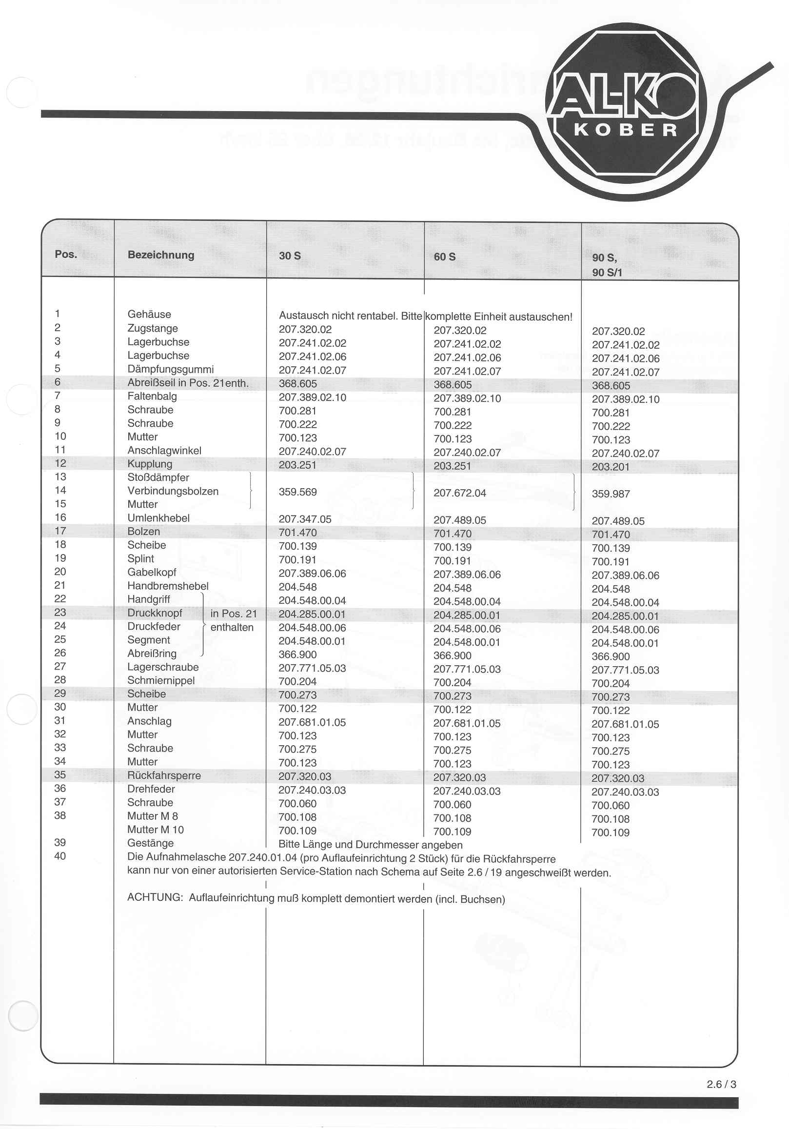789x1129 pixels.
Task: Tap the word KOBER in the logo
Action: pyautogui.click(x=626, y=130)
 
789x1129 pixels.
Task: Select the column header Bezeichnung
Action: pyautogui.click(x=161, y=255)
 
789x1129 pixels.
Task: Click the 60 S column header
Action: pyautogui.click(x=444, y=257)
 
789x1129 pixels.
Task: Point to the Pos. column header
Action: pyautogui.click(x=66, y=254)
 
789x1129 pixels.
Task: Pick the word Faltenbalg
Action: pyautogui.click(x=152, y=396)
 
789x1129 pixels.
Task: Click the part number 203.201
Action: pyautogui.click(x=611, y=467)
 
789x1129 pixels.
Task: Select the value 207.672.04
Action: pyautogui.click(x=460, y=493)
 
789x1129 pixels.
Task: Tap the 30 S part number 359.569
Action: pyautogui.click(x=297, y=492)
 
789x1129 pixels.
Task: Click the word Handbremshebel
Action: pyautogui.click(x=168, y=586)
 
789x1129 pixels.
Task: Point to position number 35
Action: pyautogui.click(x=60, y=774)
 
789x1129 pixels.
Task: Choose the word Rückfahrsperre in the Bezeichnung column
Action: pyautogui.click(x=164, y=775)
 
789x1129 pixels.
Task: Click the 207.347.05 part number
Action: pyautogui.click(x=305, y=519)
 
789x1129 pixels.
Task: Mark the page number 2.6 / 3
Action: pyautogui.click(x=721, y=1084)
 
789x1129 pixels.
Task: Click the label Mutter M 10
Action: pyautogui.click(x=156, y=830)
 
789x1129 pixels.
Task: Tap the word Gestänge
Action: pyautogui.click(x=150, y=843)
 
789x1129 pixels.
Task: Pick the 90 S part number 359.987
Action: pyautogui.click(x=611, y=494)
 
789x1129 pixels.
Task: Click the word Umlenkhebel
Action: pyautogui.click(x=158, y=518)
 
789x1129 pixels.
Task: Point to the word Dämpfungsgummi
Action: pyautogui.click(x=171, y=369)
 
